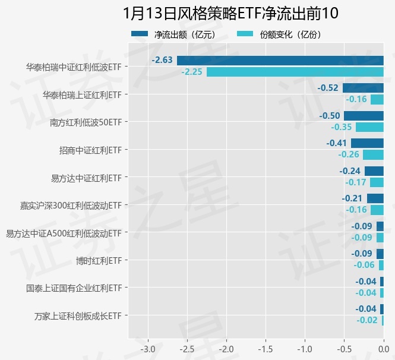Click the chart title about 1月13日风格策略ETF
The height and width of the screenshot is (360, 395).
tap(231, 14)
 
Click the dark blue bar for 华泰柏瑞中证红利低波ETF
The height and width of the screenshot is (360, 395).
tap(280, 61)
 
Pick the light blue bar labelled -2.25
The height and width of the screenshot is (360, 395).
tap(295, 72)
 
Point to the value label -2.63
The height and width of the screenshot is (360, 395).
tap(162, 60)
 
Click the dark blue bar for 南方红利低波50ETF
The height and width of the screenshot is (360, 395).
tap(364, 116)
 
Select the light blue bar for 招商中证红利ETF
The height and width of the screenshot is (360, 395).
tap(373, 154)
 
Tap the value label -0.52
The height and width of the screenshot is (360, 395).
tap(328, 88)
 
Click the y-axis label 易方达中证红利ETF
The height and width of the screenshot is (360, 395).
tap(87, 178)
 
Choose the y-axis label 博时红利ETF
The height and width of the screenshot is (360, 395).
tap(99, 260)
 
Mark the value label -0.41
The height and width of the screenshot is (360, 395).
tap(337, 143)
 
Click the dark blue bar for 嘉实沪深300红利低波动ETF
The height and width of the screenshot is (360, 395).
tap(375, 198)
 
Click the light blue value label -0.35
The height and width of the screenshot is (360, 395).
tap(341, 127)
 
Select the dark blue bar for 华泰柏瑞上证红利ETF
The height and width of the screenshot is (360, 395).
tap(363, 88)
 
